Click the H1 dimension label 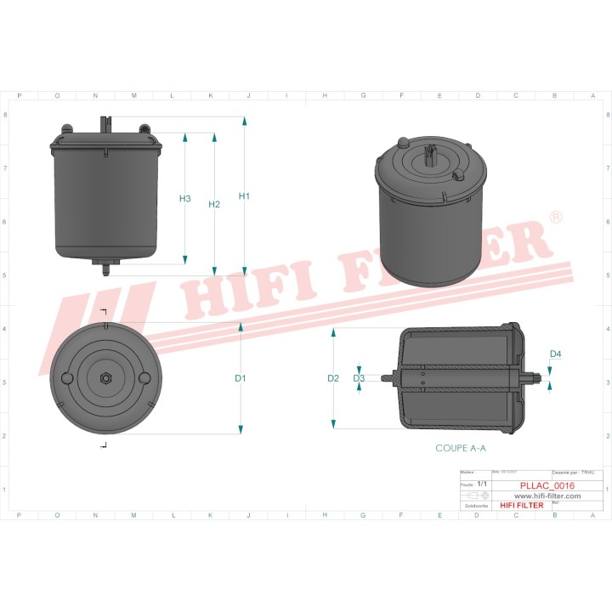[x=244, y=196]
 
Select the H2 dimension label [x=214, y=204]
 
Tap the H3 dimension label [x=185, y=199]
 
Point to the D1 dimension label [x=241, y=377]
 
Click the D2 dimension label [x=333, y=377]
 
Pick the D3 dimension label [x=359, y=377]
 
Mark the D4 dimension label [x=556, y=354]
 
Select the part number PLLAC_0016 [x=547, y=487]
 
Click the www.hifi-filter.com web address [x=547, y=496]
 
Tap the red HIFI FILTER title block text [x=521, y=505]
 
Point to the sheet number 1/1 [x=482, y=484]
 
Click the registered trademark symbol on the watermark [x=555, y=219]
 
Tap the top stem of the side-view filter [x=105, y=124]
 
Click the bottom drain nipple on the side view [x=105, y=269]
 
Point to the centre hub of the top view [x=105, y=377]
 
